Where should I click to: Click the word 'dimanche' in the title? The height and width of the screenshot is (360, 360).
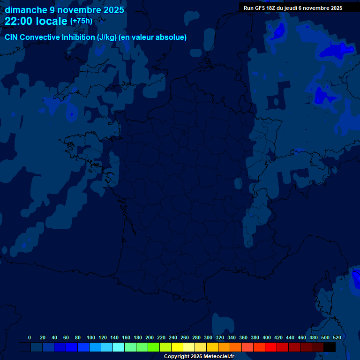(x=24, y=10)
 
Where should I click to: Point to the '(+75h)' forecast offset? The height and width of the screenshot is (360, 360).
(x=81, y=21)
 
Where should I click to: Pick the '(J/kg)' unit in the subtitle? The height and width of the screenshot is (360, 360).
(x=107, y=37)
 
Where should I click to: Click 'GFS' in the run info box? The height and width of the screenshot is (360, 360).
(x=261, y=8)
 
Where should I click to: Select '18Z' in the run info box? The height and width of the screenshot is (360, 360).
(x=273, y=8)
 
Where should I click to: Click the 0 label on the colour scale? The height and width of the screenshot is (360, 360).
(x=30, y=337)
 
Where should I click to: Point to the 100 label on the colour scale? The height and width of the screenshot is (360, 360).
(x=91, y=337)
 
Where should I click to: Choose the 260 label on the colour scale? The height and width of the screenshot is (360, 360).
(x=185, y=337)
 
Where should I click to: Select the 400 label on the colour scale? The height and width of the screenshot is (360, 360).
(x=267, y=337)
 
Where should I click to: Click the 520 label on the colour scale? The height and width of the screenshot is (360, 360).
(x=337, y=337)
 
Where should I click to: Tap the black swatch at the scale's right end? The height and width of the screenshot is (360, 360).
(x=330, y=347)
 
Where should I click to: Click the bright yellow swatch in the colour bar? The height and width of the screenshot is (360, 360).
(x=177, y=347)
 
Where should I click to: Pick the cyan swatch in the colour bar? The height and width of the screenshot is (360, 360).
(x=119, y=347)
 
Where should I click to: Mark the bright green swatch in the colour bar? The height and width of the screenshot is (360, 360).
(x=154, y=347)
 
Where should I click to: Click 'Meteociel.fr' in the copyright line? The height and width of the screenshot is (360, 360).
(x=219, y=357)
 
